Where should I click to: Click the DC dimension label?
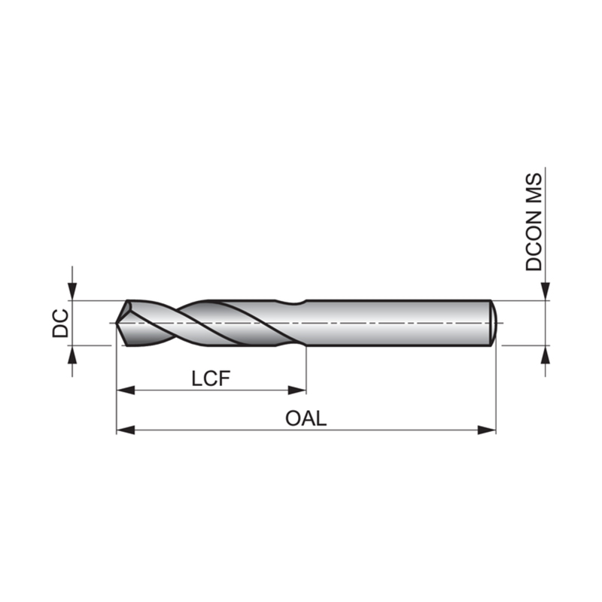point(60,324)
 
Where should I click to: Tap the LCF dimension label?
point(211,379)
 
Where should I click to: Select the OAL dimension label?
point(306,418)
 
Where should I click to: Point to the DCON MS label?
point(534,222)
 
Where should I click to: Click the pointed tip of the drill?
point(117,324)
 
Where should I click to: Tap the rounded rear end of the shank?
point(494,323)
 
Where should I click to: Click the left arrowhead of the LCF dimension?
point(126,391)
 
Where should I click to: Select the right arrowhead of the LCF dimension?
point(296,391)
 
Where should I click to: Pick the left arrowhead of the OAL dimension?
point(126,430)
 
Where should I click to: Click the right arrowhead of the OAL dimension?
point(487,430)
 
